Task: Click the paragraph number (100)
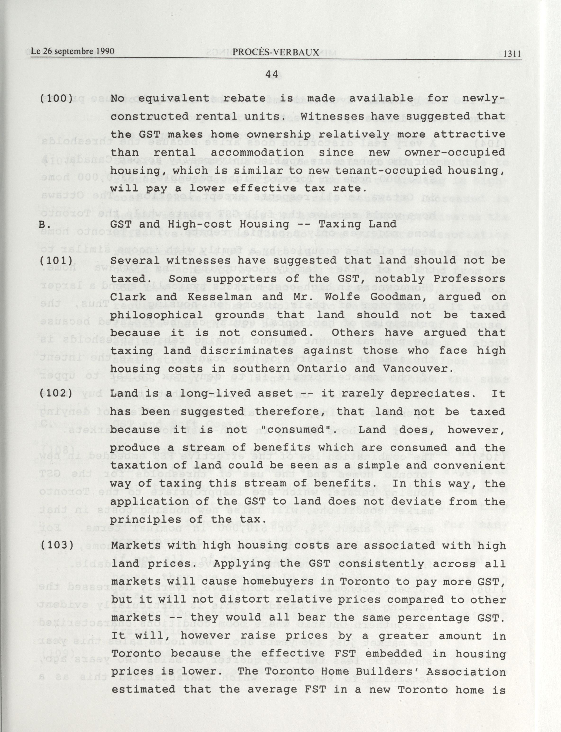click(x=56, y=99)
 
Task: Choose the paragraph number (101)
click(x=56, y=260)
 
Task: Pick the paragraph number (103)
click(x=56, y=545)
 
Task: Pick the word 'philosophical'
click(x=156, y=315)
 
